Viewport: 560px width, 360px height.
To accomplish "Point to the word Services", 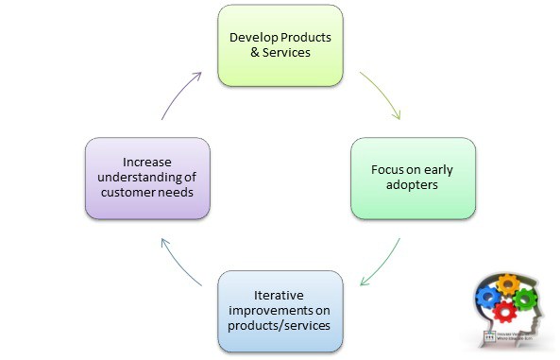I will [x=286, y=53].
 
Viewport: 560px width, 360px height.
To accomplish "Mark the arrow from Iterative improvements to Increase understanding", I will [x=178, y=260].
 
